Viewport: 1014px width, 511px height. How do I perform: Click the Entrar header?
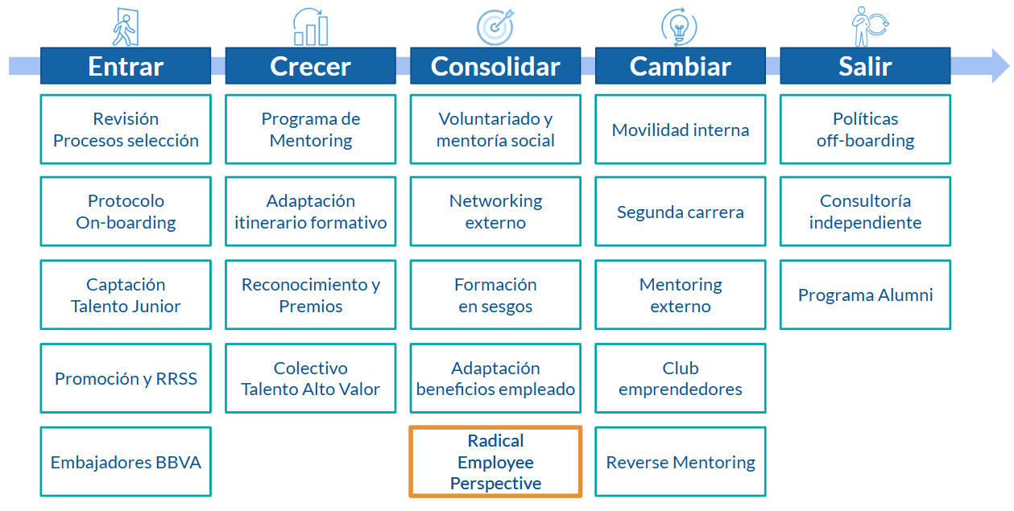(126, 65)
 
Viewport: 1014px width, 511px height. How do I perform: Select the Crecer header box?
(311, 65)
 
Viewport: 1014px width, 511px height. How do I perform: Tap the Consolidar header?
(495, 65)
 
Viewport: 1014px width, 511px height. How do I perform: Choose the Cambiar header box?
(681, 65)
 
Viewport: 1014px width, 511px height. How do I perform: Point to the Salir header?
(865, 65)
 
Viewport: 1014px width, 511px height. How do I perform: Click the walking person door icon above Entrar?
(126, 27)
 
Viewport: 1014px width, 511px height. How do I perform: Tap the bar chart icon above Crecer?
(311, 27)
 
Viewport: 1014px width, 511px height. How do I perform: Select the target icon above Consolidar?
(495, 27)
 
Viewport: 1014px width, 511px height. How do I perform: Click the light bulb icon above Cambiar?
(679, 27)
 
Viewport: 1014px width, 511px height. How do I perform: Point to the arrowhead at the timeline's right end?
(1000, 65)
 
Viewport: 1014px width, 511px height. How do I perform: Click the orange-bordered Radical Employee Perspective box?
(495, 462)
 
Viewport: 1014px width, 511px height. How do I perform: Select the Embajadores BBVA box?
(126, 462)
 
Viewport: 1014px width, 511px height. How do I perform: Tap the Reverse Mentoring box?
(681, 462)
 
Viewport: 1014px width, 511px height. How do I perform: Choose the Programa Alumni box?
(865, 295)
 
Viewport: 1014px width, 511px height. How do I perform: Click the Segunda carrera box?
(681, 212)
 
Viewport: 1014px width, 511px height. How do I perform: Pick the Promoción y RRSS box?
(126, 378)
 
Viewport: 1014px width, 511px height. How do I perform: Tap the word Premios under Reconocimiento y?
(311, 306)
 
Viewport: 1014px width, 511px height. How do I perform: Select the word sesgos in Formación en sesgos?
(506, 307)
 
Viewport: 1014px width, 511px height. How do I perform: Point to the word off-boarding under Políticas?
(865, 141)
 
